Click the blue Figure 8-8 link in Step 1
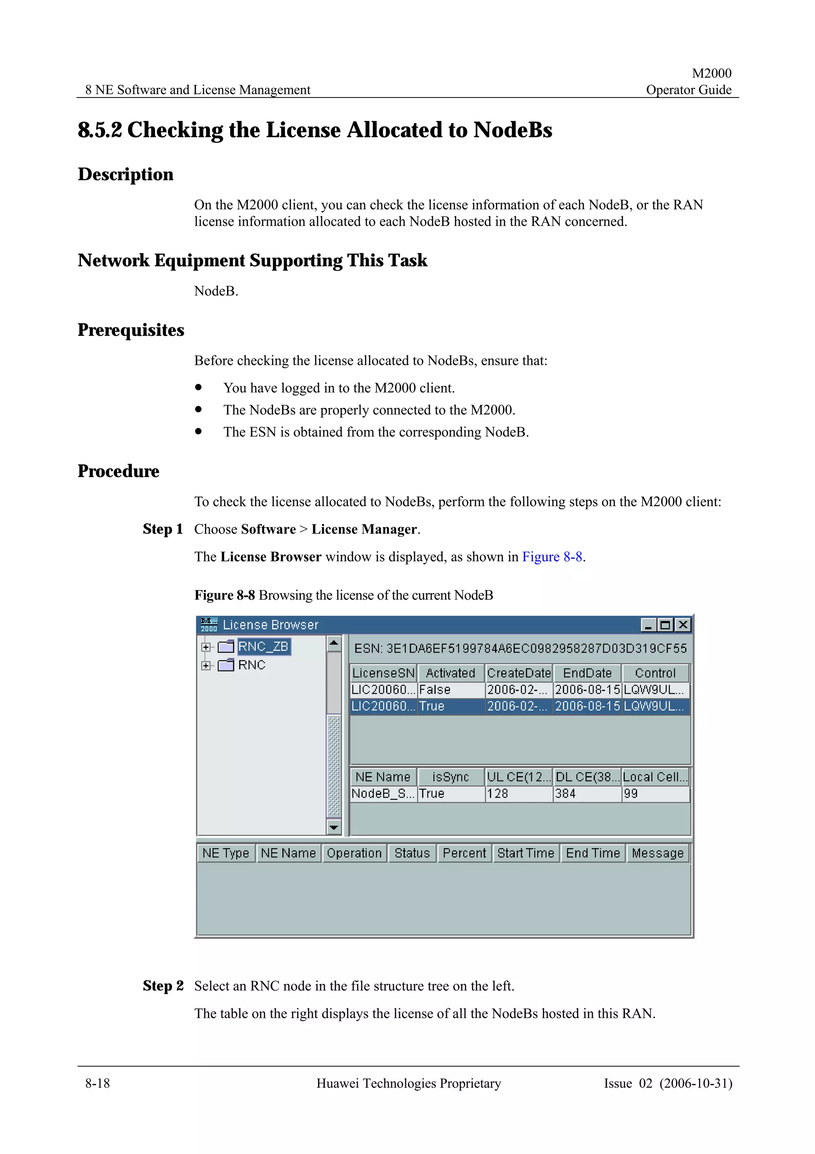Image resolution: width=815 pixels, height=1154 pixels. click(552, 557)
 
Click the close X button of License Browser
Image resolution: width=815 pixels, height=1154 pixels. click(682, 625)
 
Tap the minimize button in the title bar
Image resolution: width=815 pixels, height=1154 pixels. click(648, 625)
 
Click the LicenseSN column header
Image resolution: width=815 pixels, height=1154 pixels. click(383, 673)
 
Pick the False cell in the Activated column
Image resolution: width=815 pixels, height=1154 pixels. click(435, 690)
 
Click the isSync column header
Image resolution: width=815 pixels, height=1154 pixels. click(450, 777)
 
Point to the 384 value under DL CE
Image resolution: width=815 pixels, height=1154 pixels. click(565, 794)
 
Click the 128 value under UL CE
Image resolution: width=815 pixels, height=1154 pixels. click(498, 794)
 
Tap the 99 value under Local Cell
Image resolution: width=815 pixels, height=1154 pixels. click(631, 794)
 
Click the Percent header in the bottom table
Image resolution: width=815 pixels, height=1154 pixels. click(464, 853)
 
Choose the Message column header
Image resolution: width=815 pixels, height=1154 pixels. click(657, 853)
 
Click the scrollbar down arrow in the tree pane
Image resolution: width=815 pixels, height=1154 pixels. click(334, 827)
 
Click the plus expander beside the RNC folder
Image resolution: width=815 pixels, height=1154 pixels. click(205, 665)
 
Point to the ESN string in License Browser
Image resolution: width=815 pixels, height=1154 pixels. click(520, 648)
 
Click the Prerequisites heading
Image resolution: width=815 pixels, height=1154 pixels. click(131, 330)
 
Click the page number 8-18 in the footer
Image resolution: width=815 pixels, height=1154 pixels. click(97, 1083)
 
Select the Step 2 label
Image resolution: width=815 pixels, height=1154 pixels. click(163, 986)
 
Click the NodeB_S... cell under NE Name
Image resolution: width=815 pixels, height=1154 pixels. click(383, 794)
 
